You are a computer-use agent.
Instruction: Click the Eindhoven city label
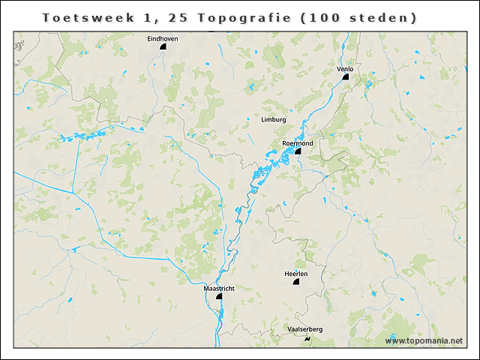[x=163, y=38]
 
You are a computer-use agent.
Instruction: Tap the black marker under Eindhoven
[x=163, y=46]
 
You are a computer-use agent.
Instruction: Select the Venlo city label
[x=345, y=69]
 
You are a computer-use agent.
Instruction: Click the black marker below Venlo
[x=347, y=76]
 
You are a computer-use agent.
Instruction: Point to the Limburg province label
[x=274, y=119]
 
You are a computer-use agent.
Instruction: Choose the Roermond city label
[x=298, y=142]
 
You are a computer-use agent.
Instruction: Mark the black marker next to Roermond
[x=298, y=151]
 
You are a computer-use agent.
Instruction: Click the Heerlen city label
[x=296, y=274]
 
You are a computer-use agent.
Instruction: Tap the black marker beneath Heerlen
[x=296, y=283]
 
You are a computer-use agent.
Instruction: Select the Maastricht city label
[x=219, y=288]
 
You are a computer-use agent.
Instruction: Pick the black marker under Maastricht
[x=219, y=296]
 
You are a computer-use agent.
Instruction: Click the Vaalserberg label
[x=305, y=329]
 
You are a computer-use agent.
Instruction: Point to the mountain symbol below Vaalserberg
[x=307, y=339]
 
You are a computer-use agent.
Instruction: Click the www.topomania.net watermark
[x=424, y=341]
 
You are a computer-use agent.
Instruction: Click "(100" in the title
[x=319, y=16]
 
